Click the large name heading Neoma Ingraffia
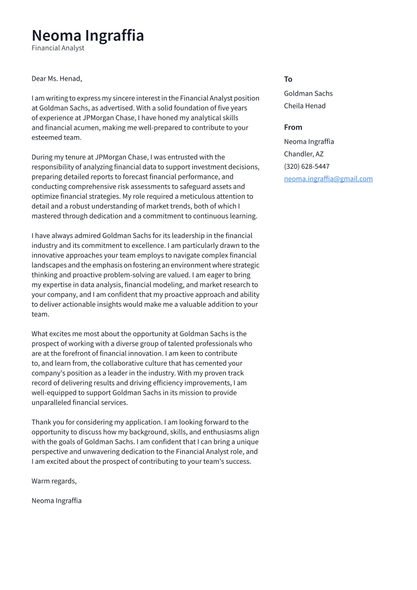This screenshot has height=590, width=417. (x=88, y=36)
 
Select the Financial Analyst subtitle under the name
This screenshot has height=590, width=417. (x=58, y=48)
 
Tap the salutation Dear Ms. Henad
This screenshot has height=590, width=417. (x=57, y=79)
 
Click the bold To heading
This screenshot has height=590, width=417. (x=288, y=79)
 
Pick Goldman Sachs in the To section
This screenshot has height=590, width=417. (x=308, y=94)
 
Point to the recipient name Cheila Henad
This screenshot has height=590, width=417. (x=304, y=106)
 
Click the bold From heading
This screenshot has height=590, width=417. (x=293, y=127)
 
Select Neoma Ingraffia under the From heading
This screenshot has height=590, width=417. (x=309, y=142)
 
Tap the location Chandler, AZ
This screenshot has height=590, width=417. (x=303, y=154)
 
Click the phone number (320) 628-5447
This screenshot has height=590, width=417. (x=306, y=167)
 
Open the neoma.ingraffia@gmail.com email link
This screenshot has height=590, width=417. (x=328, y=179)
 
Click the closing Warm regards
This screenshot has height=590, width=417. (x=54, y=481)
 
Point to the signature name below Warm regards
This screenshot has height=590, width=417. (x=57, y=501)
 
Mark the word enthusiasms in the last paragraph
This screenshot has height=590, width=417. (x=222, y=432)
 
